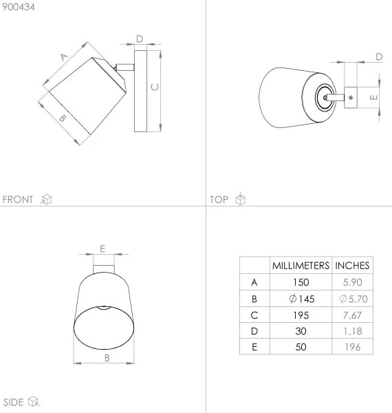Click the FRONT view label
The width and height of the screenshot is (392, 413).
18,200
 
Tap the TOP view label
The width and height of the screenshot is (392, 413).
219,200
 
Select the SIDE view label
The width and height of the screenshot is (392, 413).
14,402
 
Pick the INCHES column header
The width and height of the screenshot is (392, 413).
352,265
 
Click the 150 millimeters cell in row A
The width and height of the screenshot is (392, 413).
300,282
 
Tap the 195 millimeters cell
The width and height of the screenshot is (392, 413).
300,315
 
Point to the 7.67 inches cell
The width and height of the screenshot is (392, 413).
352,315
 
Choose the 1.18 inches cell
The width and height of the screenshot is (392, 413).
352,331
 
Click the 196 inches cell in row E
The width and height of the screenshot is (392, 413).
352,348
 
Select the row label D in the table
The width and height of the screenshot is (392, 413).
254,331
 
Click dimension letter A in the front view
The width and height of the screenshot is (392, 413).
63,58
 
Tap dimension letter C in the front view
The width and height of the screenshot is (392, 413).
155,87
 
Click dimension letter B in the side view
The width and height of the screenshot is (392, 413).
107,357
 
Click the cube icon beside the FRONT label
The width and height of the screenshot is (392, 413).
47,200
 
